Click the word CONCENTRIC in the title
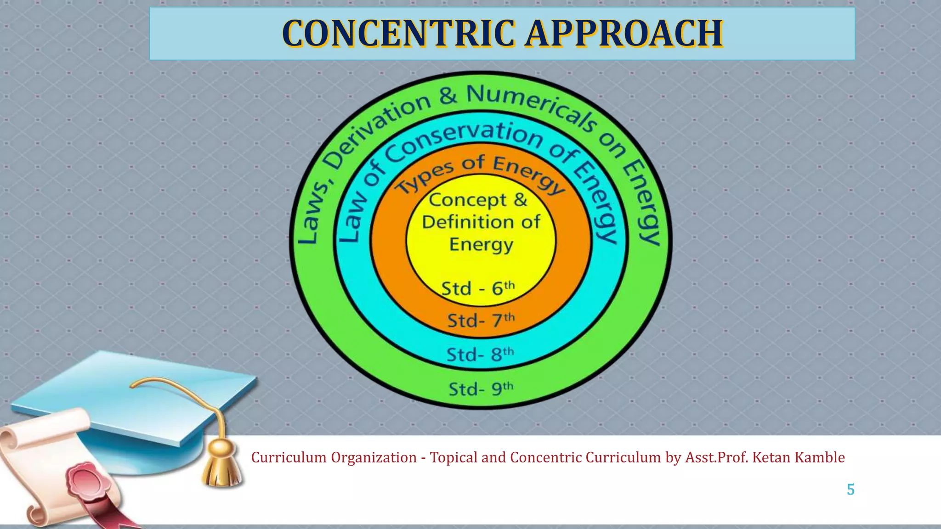[398, 34]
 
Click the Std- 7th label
[481, 320]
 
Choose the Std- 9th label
[481, 389]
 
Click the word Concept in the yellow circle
[467, 200]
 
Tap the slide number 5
[850, 490]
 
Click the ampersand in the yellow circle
[520, 200]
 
